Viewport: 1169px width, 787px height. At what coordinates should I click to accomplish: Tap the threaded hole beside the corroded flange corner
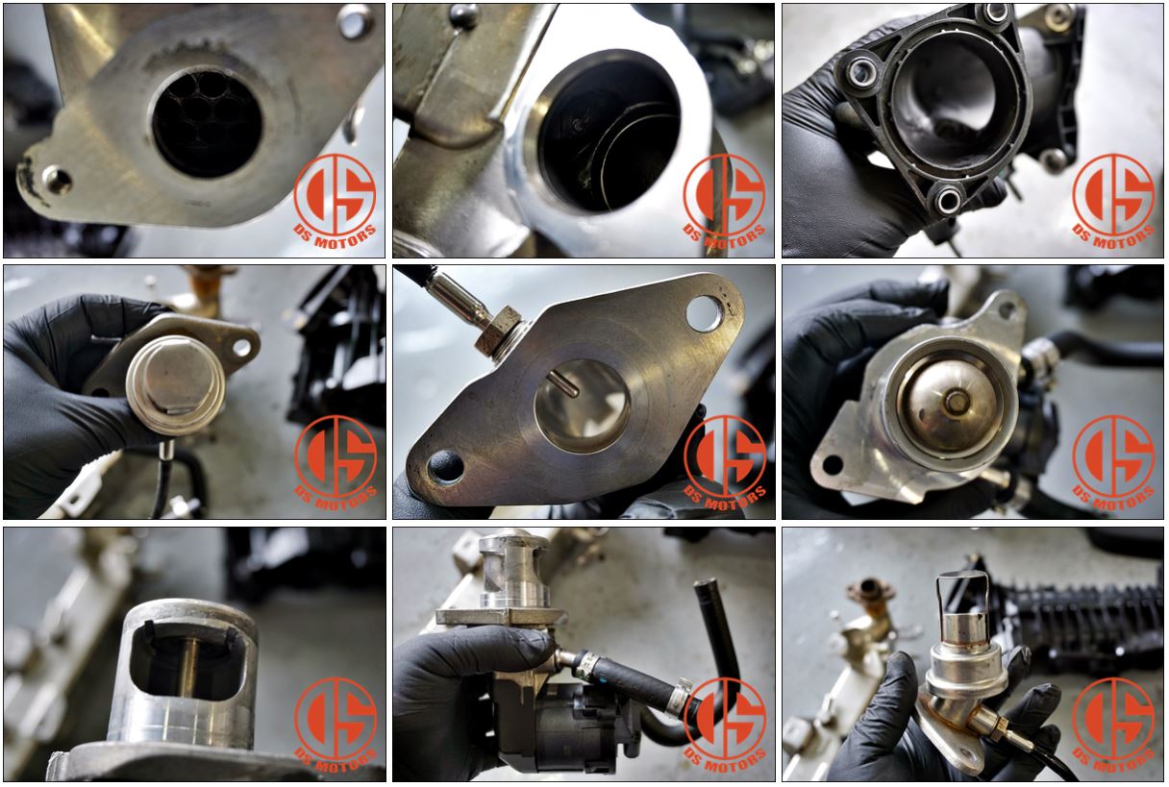(x=57, y=180)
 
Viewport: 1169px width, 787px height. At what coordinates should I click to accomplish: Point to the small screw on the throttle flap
(x=577, y=126)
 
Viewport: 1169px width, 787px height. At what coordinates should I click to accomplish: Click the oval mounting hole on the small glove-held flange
(x=242, y=347)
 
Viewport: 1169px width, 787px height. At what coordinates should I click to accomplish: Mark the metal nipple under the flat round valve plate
(x=167, y=449)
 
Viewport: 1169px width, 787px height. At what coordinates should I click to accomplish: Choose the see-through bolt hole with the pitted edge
(x=706, y=313)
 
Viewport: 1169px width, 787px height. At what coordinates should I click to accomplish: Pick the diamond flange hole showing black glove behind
(x=446, y=466)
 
